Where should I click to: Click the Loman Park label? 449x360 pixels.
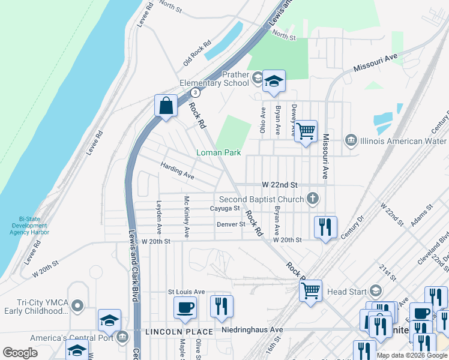(218, 153)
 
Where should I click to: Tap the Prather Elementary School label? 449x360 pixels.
(214, 79)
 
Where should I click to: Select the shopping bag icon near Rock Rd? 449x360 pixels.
(166, 106)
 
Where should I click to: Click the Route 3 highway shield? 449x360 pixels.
(195, 92)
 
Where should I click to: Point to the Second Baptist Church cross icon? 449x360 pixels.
(312, 199)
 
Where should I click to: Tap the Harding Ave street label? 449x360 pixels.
(177, 171)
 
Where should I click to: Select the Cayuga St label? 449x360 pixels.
(224, 209)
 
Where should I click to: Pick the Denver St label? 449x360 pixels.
(231, 224)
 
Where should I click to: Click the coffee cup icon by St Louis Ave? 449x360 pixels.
(185, 307)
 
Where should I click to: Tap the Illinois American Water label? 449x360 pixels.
(399, 142)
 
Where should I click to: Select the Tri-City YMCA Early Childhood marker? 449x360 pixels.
(77, 306)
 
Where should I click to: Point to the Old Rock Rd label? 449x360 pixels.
(197, 53)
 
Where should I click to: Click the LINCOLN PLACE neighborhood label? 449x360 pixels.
(178, 332)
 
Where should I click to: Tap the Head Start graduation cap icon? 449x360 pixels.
(376, 291)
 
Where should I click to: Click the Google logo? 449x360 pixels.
(20, 353)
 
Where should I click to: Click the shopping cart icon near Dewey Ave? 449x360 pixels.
(306, 131)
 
